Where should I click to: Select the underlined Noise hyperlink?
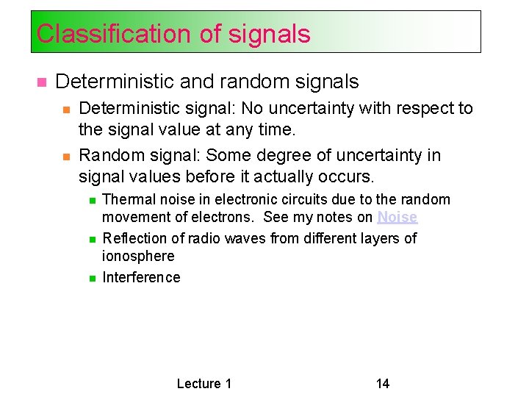coord(397,218)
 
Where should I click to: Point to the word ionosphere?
coord(138,257)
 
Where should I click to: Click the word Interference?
coord(141,277)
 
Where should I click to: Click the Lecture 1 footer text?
coord(204,383)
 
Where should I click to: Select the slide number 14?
coord(382,383)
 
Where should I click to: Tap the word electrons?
coord(227,218)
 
